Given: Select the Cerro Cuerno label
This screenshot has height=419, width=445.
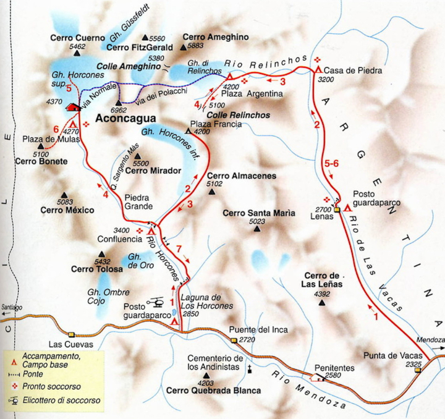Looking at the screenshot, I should point(77,38).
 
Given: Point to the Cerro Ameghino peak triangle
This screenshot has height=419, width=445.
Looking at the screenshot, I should point(182,46).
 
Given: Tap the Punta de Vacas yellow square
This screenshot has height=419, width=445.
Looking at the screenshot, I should point(418,370).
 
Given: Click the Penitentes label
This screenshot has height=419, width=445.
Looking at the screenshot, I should point(334,368).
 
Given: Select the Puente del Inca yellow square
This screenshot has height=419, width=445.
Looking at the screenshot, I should point(234,340).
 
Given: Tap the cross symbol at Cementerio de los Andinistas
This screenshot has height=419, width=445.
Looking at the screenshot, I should point(250,369).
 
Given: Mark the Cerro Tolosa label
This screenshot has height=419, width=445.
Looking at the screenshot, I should point(91,269).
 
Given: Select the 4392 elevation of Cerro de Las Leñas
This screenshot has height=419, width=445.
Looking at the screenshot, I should point(322,295).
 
